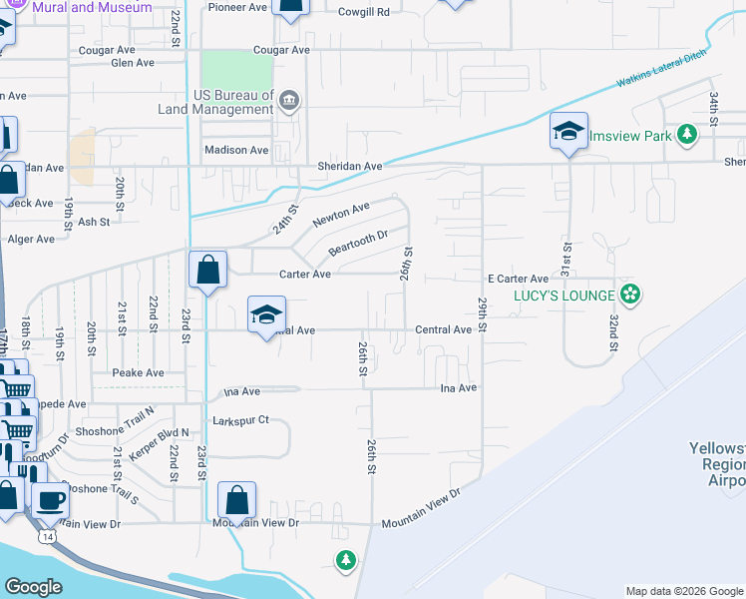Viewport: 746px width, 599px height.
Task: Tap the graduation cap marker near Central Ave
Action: click(266, 315)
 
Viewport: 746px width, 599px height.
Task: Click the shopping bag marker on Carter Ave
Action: click(208, 271)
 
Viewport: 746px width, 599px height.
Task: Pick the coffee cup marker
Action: click(50, 502)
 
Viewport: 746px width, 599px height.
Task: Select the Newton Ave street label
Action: click(340, 213)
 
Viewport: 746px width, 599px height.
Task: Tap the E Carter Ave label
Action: click(518, 279)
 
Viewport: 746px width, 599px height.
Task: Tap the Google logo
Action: click(34, 587)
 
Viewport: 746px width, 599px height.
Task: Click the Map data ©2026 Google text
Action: click(683, 591)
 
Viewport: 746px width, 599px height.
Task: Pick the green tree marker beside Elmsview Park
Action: click(686, 134)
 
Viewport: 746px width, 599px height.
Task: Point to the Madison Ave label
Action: click(236, 150)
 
